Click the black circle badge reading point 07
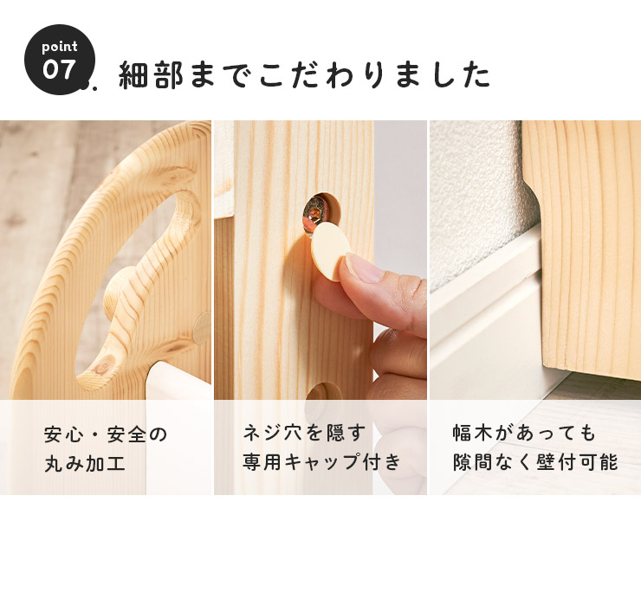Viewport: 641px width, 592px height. click(x=60, y=60)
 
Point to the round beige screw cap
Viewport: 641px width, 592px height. click(x=332, y=251)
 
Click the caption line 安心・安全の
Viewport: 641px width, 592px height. click(x=106, y=434)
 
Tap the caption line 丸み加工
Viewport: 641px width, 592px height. click(x=85, y=464)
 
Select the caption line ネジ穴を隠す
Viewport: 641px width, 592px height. click(x=304, y=433)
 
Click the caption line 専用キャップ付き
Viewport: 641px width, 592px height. click(x=321, y=462)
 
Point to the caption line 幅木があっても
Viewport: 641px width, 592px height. click(x=524, y=433)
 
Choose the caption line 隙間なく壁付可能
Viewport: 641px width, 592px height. click(x=535, y=462)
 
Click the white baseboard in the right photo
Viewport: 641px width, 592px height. click(x=487, y=311)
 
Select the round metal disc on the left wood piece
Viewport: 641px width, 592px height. click(x=201, y=327)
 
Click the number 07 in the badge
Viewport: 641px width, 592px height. click(x=59, y=69)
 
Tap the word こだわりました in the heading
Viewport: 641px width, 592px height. click(x=374, y=74)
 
